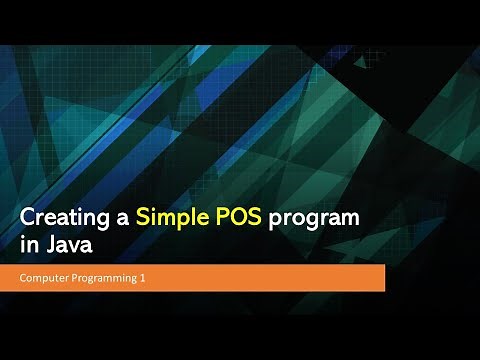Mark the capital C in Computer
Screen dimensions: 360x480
(24, 278)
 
